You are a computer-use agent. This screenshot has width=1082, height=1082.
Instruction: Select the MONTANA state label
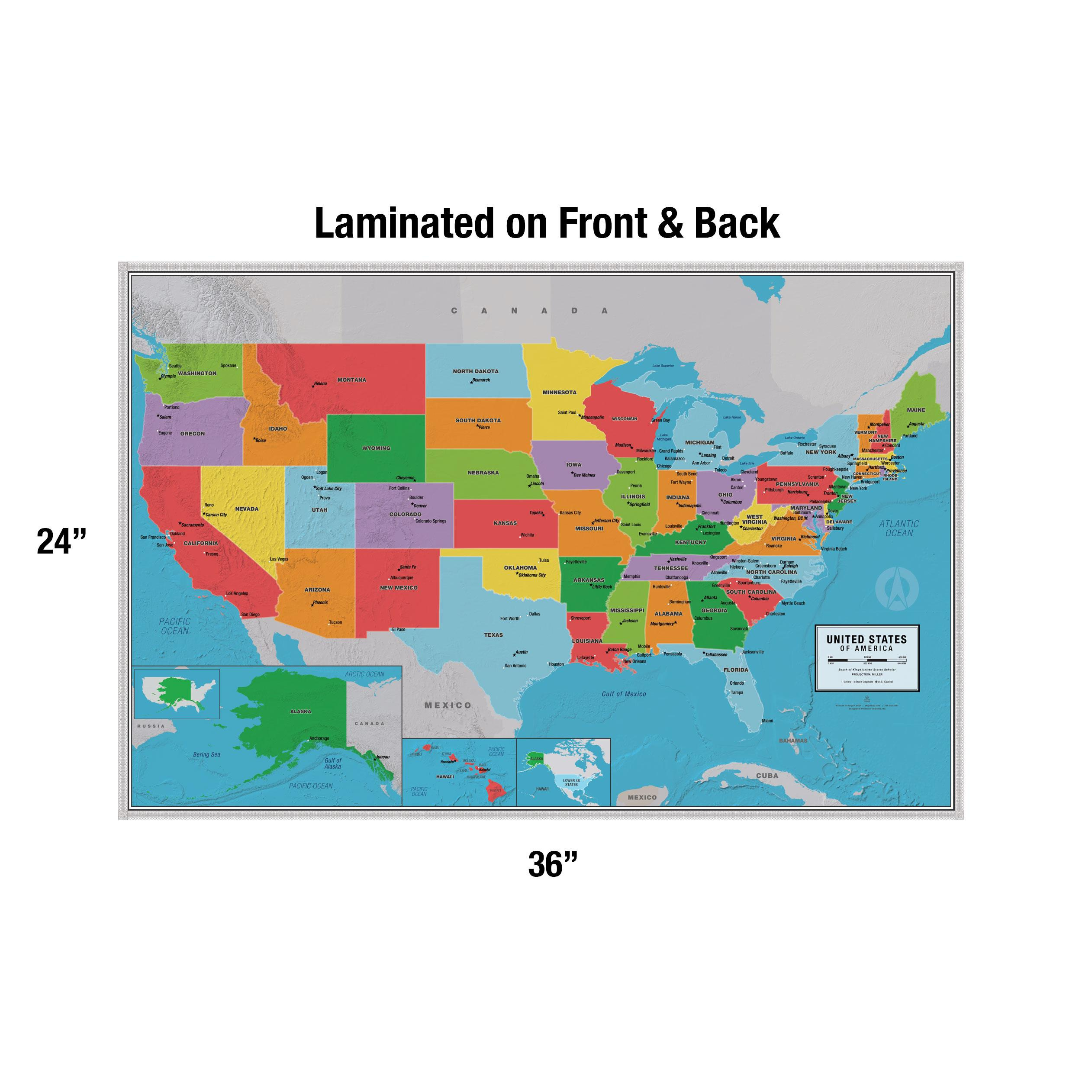pos(352,380)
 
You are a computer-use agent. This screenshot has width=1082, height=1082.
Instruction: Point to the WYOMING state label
pos(376,448)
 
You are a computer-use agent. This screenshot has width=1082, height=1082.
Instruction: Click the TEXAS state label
pos(493,635)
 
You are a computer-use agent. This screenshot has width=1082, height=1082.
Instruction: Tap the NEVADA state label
pos(246,509)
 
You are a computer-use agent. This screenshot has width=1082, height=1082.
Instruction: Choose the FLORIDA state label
pos(735,670)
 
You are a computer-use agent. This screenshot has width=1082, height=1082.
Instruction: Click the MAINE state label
pos(916,410)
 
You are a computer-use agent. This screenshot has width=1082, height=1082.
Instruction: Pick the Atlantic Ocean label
pos(899,528)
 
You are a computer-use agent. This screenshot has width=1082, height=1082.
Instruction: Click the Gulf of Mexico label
pos(623,694)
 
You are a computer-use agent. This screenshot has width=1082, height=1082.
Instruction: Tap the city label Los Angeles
pos(237,593)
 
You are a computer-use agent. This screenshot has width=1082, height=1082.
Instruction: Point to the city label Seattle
pos(175,366)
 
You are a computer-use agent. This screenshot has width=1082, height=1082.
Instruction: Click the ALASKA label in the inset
pos(300,711)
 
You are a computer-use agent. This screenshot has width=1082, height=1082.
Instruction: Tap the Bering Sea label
pos(206,754)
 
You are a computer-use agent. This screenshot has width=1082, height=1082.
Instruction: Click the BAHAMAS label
pos(793,741)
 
